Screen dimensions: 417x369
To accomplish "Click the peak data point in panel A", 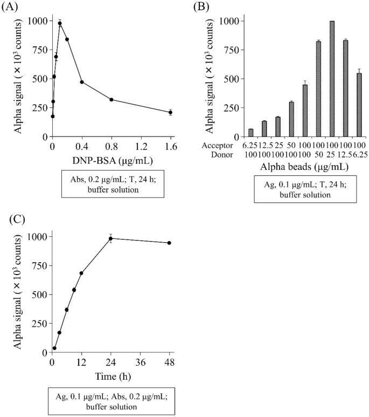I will [60, 23].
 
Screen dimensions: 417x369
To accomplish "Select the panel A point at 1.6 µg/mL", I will [170, 112].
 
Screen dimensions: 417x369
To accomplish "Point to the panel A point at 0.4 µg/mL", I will [82, 82].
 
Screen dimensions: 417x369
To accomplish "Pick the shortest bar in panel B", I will [250, 133].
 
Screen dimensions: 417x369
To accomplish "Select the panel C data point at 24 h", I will [111, 238].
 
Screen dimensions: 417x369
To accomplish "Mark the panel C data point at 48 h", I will [169, 243].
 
